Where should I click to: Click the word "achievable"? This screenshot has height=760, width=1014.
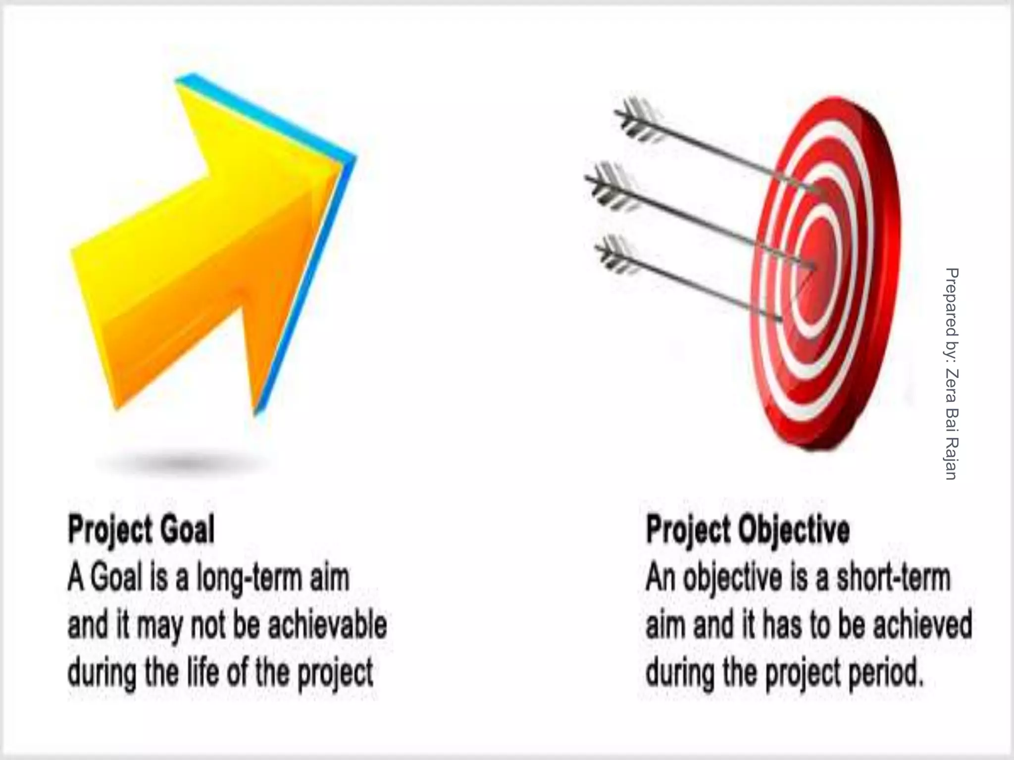click(327, 625)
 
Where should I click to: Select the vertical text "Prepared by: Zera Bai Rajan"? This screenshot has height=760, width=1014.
click(952, 374)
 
